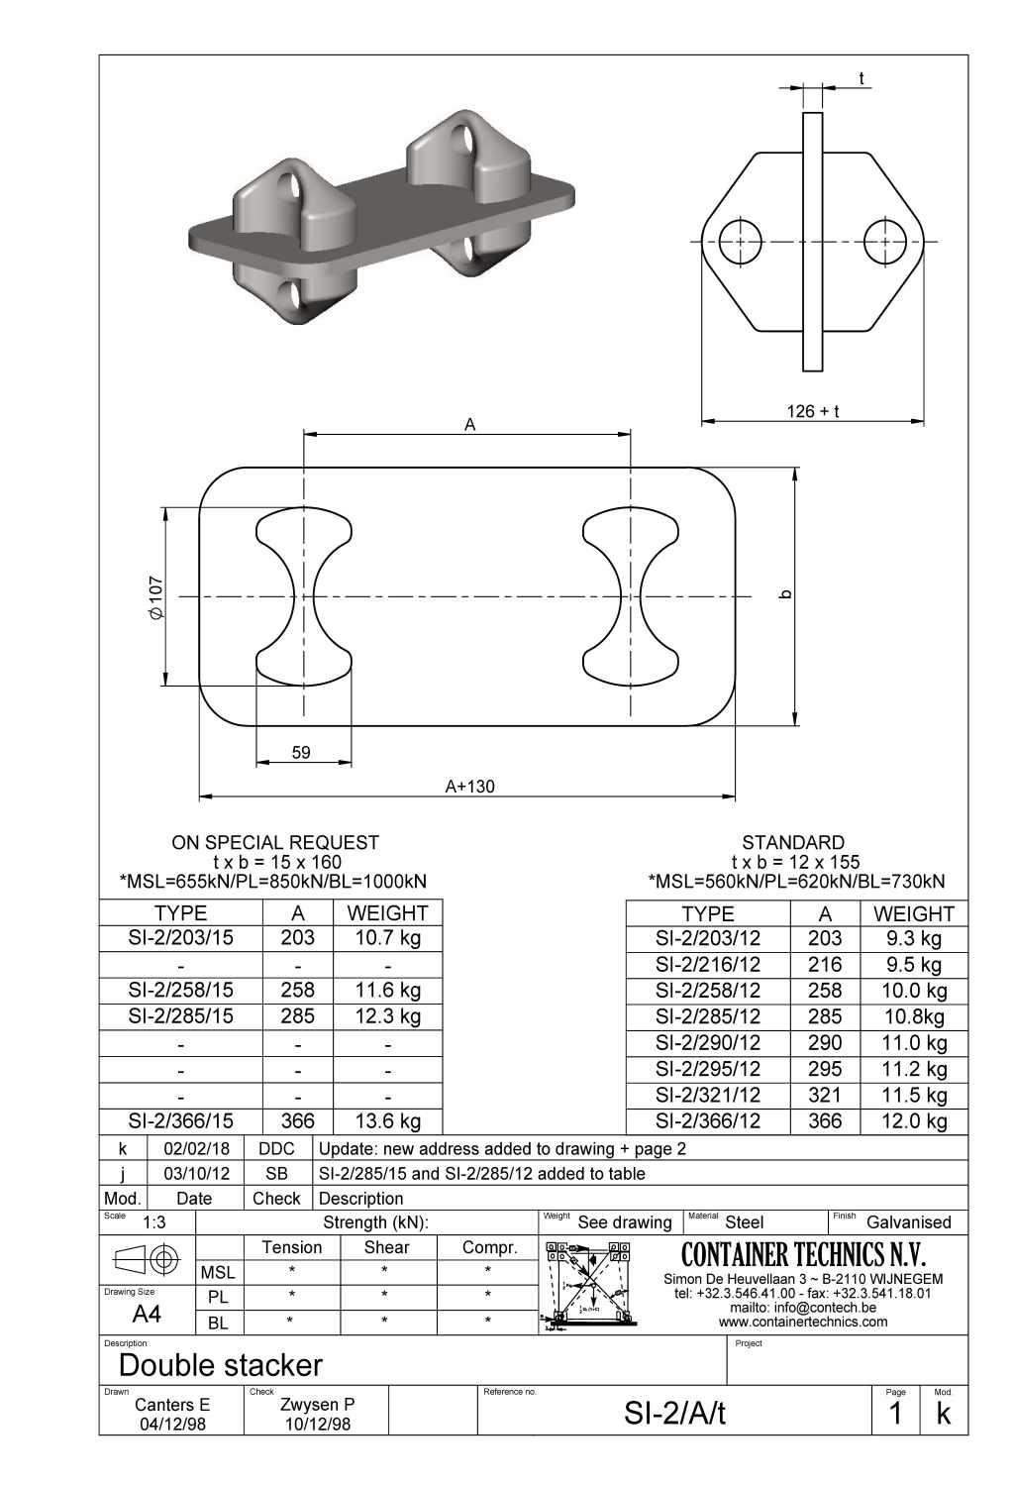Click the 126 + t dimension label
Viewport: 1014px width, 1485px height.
pos(812,411)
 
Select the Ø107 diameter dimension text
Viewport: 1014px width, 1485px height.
pos(156,597)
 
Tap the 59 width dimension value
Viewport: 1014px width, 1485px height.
pos(301,753)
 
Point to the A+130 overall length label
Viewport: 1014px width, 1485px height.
pos(469,787)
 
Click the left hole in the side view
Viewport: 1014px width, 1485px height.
pos(740,241)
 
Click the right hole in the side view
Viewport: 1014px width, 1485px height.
pos(884,241)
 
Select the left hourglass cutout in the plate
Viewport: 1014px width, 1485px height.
pos(304,598)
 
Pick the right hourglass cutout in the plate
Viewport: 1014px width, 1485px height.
pos(631,598)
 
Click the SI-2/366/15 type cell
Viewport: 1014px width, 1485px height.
pos(180,1120)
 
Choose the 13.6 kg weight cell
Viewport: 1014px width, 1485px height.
pos(387,1120)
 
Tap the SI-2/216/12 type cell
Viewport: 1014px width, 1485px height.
pos(708,964)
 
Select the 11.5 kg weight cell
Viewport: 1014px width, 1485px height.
pos(914,1095)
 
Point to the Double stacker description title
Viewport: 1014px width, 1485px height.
pos(220,1365)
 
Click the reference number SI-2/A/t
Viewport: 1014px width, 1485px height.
pos(674,1414)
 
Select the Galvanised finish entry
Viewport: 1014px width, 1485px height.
pos(908,1222)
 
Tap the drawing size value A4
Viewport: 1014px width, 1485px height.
pos(147,1315)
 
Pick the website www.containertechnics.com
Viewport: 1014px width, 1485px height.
pos(803,1322)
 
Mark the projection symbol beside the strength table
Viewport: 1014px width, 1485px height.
pos(147,1260)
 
